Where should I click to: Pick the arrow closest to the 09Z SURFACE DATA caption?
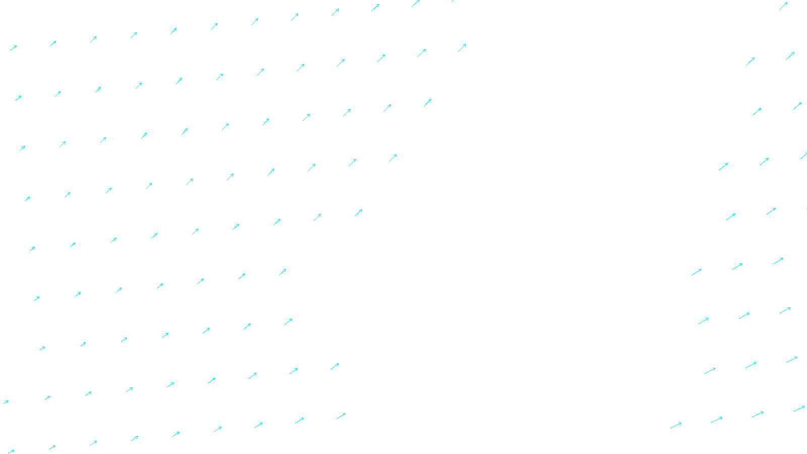point(341,416)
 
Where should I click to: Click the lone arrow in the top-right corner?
point(783,6)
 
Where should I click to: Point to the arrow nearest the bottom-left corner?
point(11,451)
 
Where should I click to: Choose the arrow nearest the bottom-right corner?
point(799,408)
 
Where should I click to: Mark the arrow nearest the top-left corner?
point(14,47)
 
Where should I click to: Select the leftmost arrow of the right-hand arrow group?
point(676,425)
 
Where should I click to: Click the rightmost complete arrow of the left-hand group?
point(462,48)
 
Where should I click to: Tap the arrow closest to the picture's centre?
point(358,212)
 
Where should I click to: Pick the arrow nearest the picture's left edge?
point(6,402)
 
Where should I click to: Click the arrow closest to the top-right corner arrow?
point(790,55)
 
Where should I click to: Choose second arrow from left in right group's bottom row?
point(717,419)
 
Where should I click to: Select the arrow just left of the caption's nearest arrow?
point(300,420)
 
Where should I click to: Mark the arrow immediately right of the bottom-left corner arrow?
point(52,447)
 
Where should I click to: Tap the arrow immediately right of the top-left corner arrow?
point(53,43)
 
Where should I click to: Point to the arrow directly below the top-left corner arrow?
point(18,98)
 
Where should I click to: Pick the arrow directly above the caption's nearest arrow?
point(335,366)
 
